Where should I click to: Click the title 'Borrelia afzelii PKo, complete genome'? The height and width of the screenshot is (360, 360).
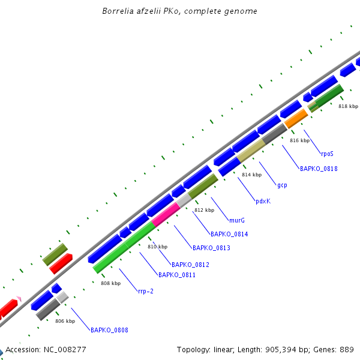[x=180, y=11]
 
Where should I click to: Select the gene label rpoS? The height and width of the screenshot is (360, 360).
[x=327, y=154]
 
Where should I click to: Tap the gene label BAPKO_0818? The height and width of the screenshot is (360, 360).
[x=319, y=169]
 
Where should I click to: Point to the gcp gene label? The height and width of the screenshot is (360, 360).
[x=282, y=185]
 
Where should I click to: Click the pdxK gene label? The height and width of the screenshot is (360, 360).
[x=263, y=201]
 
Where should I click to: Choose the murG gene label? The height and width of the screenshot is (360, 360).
[x=237, y=220]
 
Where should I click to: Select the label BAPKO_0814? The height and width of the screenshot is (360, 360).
[x=229, y=234]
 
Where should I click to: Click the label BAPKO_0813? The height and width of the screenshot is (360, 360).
[x=211, y=248]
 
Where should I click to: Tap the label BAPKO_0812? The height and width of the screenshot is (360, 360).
[x=190, y=265]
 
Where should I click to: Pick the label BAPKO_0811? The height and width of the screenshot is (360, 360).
[x=177, y=275]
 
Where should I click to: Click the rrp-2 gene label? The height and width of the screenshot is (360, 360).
[x=146, y=292]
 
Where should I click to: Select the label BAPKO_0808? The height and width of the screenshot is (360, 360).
[x=109, y=330]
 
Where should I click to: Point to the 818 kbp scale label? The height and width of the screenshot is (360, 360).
[x=348, y=106]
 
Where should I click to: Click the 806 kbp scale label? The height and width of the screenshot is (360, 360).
[x=65, y=321]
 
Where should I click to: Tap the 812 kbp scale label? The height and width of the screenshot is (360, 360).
[x=204, y=210]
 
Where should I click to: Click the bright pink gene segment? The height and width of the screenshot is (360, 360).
[x=166, y=214]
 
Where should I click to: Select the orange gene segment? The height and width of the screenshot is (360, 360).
[x=295, y=119]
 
